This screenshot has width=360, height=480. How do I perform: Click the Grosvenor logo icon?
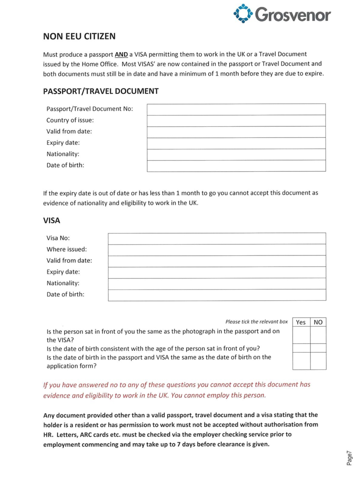[243, 14]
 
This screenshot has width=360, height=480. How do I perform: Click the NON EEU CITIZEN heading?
[79, 36]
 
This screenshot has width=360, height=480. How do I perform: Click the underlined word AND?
[121, 54]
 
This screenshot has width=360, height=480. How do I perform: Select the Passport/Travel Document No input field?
[236, 109]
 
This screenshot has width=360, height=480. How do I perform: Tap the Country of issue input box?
[236, 120]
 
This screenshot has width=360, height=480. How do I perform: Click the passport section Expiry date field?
[236, 143]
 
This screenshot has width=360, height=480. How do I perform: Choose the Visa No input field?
[217, 238]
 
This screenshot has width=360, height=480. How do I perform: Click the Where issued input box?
[217, 250]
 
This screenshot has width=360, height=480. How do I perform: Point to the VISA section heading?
[52, 220]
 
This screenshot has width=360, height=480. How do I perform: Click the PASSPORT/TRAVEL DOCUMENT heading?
[101, 91]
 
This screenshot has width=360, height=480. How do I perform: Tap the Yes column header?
[301, 322]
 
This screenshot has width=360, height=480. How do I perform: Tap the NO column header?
[318, 322]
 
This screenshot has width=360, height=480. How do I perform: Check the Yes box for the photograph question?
[301, 335]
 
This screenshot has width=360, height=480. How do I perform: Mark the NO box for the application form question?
[318, 361]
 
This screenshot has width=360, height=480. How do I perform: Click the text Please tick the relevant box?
[256, 322]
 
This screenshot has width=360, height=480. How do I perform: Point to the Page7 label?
[349, 457]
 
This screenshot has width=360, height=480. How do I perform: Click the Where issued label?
[66, 249]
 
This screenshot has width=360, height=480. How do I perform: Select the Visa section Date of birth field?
[217, 295]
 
